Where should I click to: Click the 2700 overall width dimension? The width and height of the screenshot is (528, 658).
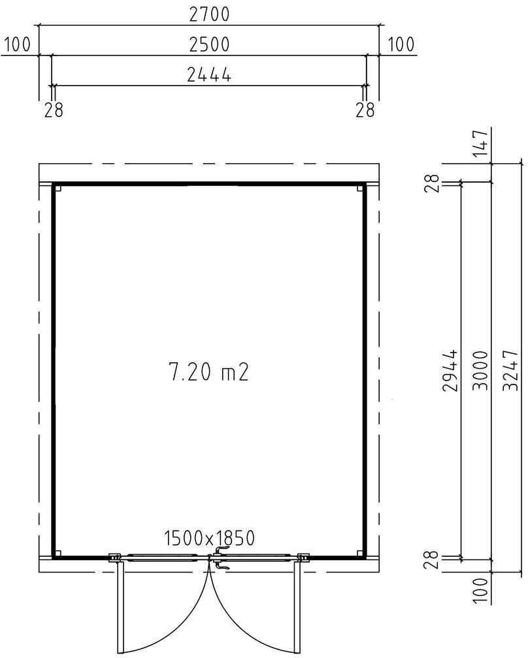coord(210,14)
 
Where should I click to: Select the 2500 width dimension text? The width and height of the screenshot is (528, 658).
coord(210,44)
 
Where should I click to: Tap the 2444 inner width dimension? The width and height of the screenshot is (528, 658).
coord(209,74)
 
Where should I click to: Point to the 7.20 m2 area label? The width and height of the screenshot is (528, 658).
coord(208,372)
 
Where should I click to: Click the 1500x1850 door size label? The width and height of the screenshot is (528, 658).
coord(209,539)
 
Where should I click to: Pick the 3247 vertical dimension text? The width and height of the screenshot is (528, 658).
coord(512,371)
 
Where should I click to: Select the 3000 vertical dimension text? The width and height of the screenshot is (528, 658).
coord(482,371)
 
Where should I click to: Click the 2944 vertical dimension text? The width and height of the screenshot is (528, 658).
coord(451,371)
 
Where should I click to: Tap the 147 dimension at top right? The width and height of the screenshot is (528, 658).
coord(482,144)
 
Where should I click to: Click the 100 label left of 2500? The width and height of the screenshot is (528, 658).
coord(17,44)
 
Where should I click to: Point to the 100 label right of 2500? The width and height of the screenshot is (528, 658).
coord(401,44)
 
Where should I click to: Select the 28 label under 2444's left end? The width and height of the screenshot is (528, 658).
coord(54,110)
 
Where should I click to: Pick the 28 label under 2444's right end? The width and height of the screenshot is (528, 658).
coord(365,110)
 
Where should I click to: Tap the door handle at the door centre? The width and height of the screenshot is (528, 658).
coord(220,557)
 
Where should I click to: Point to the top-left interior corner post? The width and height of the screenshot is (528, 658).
coord(58,188)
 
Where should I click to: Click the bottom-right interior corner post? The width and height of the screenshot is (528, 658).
coord(360,554)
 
